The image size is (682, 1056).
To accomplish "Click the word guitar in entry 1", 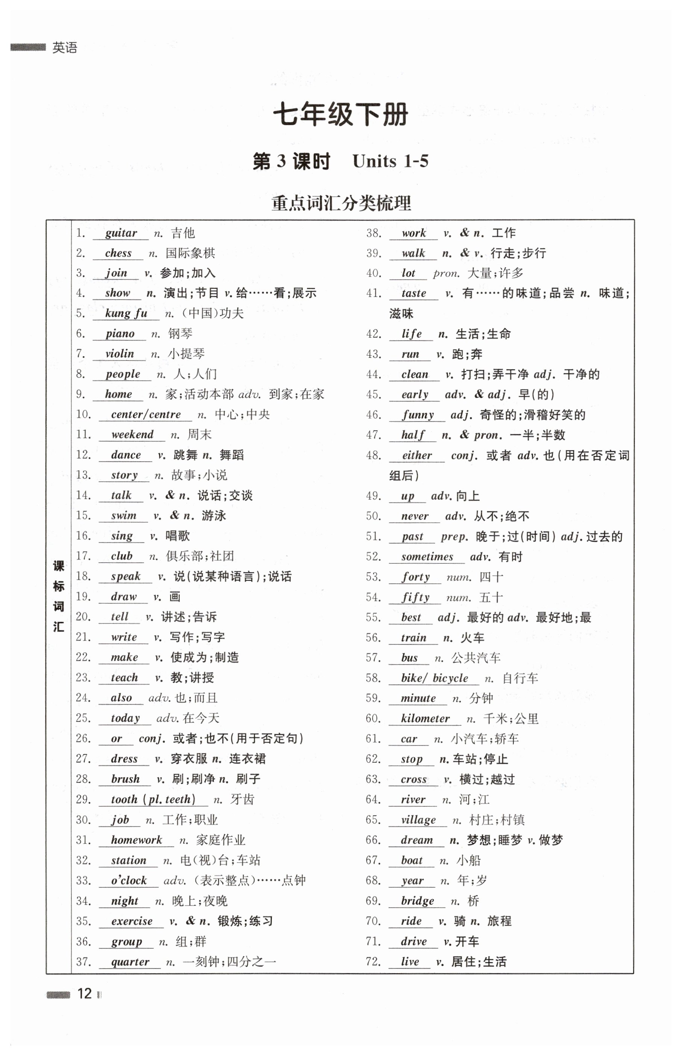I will (121, 233).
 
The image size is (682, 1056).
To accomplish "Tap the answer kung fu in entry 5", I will (126, 313).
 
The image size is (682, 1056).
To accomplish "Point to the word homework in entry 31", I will (137, 840).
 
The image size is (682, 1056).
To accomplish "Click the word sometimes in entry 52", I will (427, 557).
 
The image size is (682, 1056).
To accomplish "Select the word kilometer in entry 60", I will (425, 718).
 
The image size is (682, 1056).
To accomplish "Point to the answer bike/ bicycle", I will (434, 678).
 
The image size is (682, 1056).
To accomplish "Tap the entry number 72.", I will (373, 961).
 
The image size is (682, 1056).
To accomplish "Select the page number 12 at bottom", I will (84, 994).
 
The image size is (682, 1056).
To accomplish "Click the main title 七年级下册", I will (340, 115).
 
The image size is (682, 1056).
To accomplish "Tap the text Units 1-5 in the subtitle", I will (390, 161).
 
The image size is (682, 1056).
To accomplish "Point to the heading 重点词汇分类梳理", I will (341, 203).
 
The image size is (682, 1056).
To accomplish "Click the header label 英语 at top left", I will (65, 47).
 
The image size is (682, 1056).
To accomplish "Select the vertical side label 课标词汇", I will (58, 596).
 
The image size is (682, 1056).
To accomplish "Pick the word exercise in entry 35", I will (132, 921).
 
